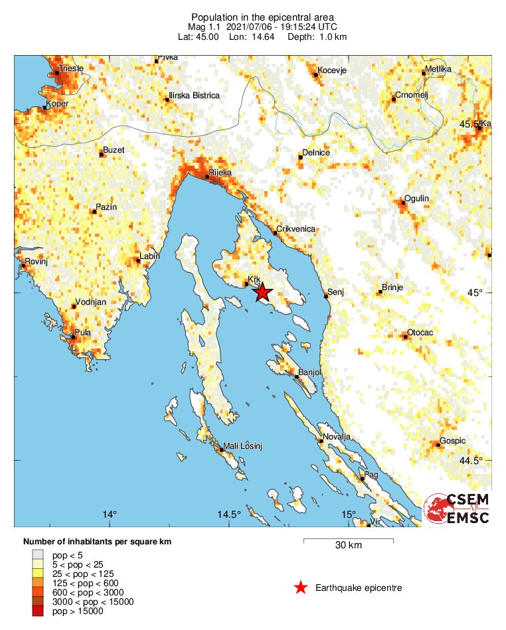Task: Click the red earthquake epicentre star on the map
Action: point(263,292)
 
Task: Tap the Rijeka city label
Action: point(220,173)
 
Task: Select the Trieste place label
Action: point(71,68)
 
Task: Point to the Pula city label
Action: point(83,333)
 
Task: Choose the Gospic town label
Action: point(453,441)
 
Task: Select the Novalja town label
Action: point(336,437)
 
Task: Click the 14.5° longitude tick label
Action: point(229,514)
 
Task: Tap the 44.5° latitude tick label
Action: point(473,461)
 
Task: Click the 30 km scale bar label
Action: point(348,546)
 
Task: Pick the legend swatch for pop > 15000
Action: point(39,611)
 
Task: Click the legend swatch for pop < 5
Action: point(39,555)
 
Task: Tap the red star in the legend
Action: point(301,588)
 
